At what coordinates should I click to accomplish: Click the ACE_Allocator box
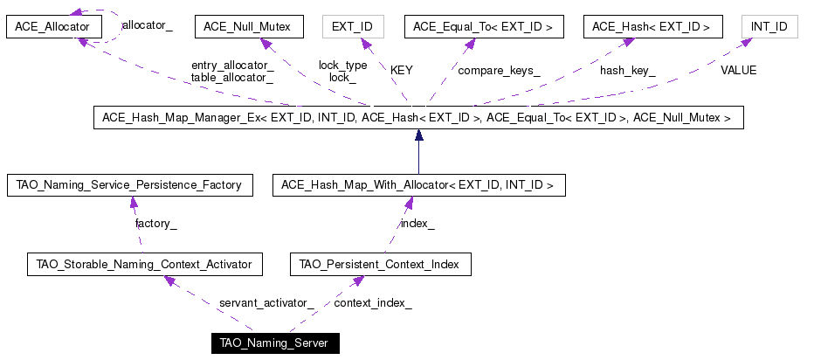pyautogui.click(x=53, y=26)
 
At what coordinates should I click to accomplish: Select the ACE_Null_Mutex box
pyautogui.click(x=249, y=26)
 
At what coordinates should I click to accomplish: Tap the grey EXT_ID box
pyautogui.click(x=353, y=26)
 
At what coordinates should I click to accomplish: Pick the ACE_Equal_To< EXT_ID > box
pyautogui.click(x=484, y=26)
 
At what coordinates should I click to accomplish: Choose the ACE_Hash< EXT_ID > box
pyautogui.click(x=652, y=26)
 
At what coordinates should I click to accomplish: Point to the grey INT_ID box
pyautogui.click(x=769, y=26)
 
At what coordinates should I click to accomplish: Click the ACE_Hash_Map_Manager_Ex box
pyautogui.click(x=418, y=118)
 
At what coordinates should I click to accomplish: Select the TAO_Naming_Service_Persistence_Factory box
pyautogui.click(x=130, y=185)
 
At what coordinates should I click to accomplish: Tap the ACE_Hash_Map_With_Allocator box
pyautogui.click(x=419, y=185)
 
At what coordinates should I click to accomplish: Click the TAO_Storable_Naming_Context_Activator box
pyautogui.click(x=144, y=265)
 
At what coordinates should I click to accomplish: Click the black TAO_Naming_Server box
pyautogui.click(x=275, y=343)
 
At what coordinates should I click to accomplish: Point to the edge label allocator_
pyautogui.click(x=147, y=25)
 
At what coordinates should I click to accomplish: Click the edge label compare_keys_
pyautogui.click(x=499, y=71)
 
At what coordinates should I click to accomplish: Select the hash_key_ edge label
pyautogui.click(x=628, y=71)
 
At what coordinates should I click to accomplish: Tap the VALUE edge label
pyautogui.click(x=738, y=70)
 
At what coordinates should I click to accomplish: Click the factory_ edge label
pyautogui.click(x=155, y=224)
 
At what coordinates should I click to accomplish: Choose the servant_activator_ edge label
pyautogui.click(x=267, y=303)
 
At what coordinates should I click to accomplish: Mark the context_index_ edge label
pyautogui.click(x=373, y=303)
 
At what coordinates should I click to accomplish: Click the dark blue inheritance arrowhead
pyautogui.click(x=419, y=135)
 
